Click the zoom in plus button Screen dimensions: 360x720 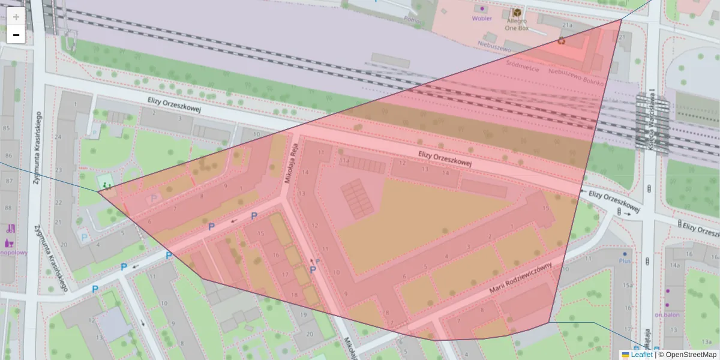(16, 17)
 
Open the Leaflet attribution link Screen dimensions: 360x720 (641, 355)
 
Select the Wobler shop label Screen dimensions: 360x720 (482, 18)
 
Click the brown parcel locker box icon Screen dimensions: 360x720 (517, 13)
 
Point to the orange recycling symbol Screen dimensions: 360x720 (561, 41)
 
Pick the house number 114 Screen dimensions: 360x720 (344, 161)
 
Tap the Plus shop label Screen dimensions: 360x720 (625, 262)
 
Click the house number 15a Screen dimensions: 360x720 (628, 285)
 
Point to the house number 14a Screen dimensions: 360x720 (675, 265)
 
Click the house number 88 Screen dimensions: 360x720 (7, 208)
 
